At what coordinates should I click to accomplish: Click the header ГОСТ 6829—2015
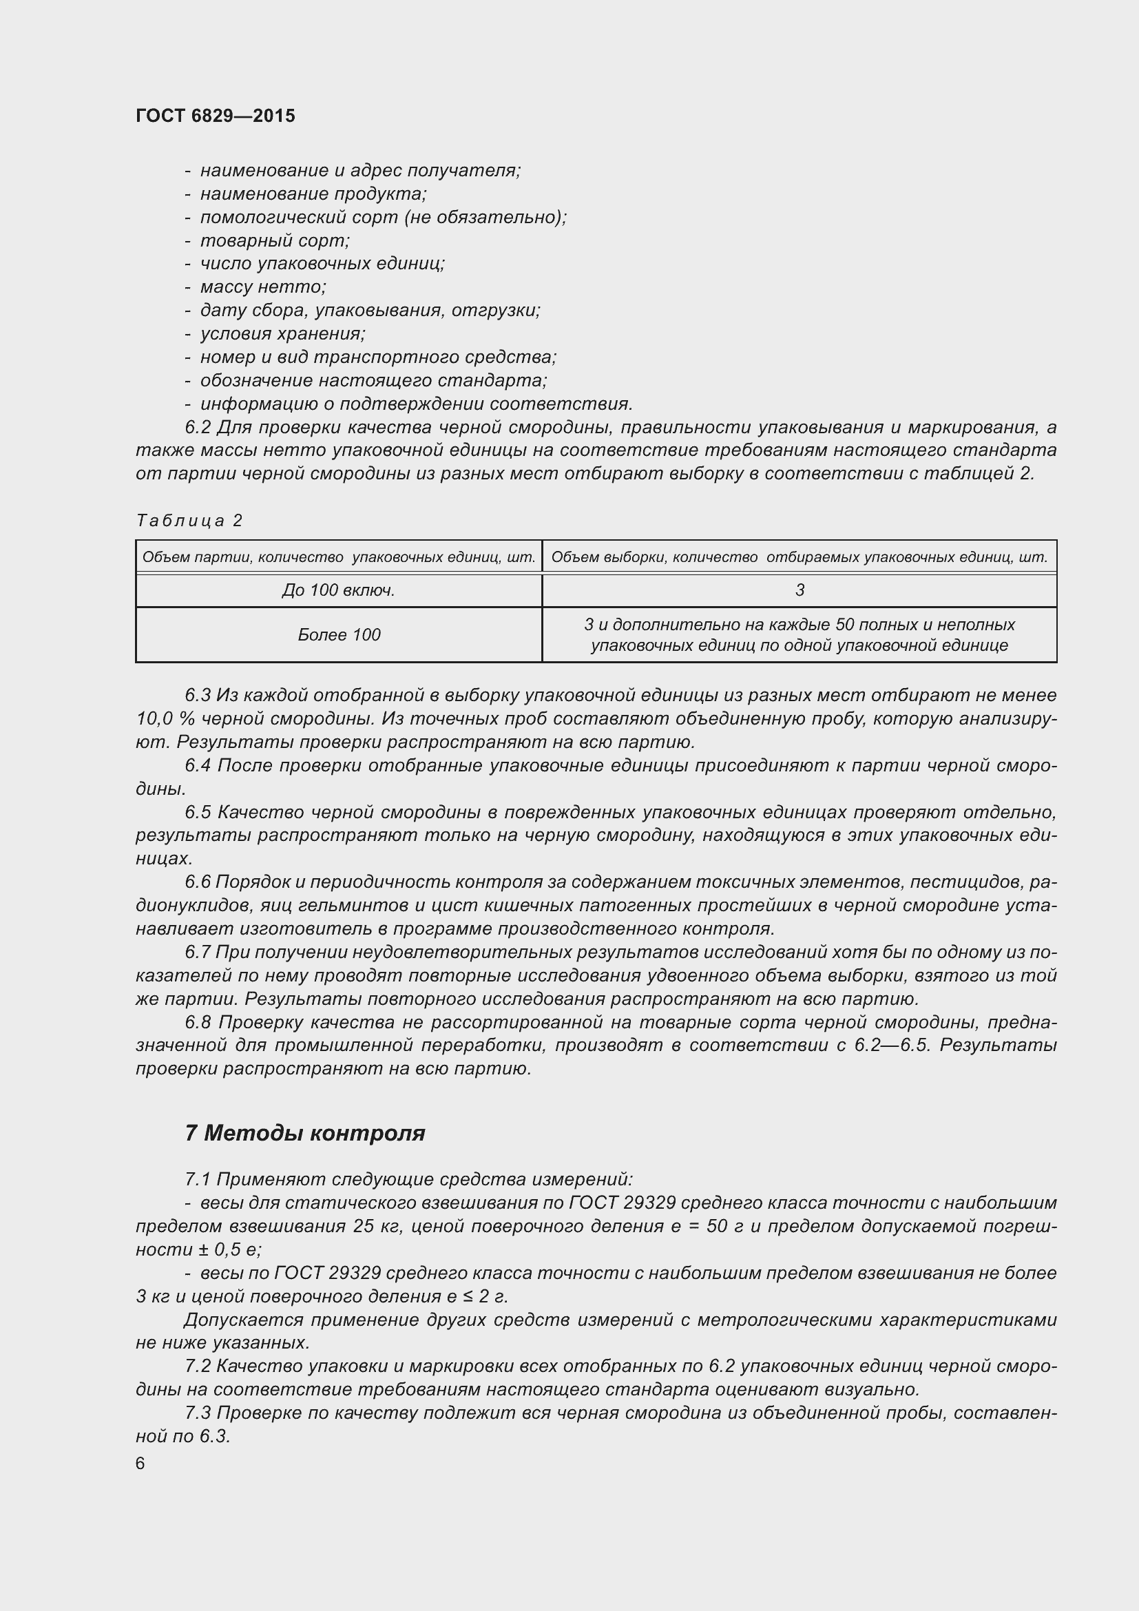[216, 116]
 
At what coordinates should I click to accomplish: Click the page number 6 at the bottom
[140, 1463]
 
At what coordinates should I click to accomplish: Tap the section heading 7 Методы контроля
[305, 1133]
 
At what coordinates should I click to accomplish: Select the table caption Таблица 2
[189, 521]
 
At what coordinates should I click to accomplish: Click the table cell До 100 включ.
[339, 591]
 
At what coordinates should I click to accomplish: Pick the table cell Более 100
[339, 635]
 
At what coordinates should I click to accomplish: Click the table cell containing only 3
[800, 591]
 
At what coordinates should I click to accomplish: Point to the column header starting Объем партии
[339, 558]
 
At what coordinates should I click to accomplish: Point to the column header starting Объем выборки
[800, 558]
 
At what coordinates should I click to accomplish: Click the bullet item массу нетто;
[263, 287]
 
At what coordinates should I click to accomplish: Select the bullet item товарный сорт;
[275, 240]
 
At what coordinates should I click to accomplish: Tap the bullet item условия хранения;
[282, 334]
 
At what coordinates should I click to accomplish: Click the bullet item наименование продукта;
[313, 194]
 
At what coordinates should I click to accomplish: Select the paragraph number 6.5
[198, 813]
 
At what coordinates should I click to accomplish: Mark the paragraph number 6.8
[198, 1022]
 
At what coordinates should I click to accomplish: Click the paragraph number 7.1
[198, 1179]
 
